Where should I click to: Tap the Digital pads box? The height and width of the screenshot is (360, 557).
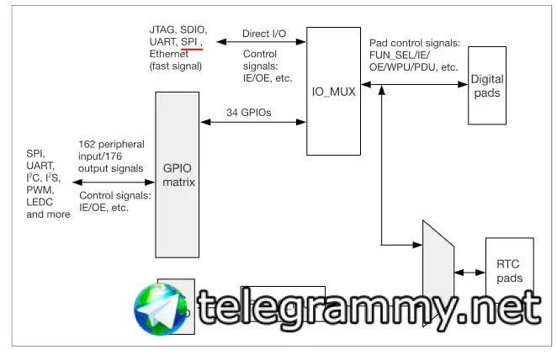(x=486, y=86)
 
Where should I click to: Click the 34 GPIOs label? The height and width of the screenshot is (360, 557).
(x=249, y=112)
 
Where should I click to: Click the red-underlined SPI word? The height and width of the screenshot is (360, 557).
(x=190, y=41)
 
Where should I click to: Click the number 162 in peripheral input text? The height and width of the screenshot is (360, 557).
(x=88, y=145)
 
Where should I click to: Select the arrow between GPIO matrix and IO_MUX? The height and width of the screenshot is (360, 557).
(x=252, y=123)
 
